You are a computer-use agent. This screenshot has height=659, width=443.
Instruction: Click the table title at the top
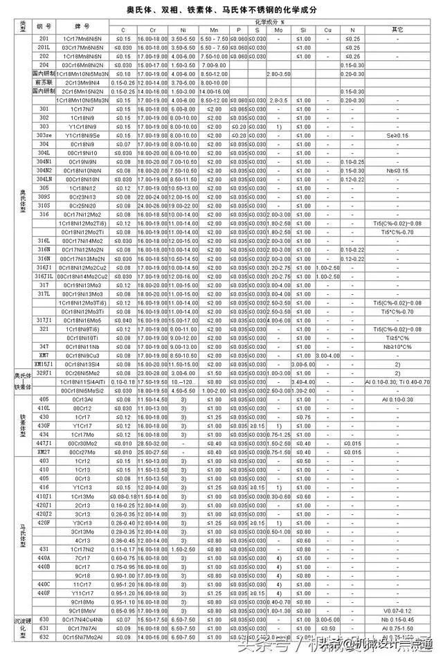[221, 10]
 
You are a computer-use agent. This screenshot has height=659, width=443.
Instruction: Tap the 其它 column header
[397, 30]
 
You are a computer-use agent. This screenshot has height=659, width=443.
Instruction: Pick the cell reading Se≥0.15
[397, 135]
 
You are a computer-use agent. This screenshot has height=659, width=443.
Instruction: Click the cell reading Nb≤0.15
[397, 170]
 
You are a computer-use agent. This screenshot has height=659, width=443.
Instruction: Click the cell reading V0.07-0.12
[397, 611]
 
